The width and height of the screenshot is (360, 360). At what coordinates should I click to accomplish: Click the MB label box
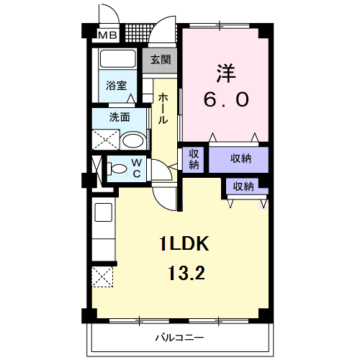[x=107, y=35]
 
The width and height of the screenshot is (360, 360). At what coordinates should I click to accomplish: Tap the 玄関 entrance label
[x=161, y=60]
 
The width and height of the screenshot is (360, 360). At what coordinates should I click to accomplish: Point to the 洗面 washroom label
[x=120, y=117]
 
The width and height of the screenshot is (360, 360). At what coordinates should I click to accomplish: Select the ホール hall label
[x=164, y=107]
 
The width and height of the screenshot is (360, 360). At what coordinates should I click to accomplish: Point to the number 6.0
[x=226, y=100]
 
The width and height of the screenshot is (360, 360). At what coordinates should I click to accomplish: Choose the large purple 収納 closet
[x=240, y=158]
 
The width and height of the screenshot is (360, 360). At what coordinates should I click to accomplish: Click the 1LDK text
[x=184, y=244]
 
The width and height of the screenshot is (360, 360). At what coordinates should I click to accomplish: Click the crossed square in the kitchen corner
[x=102, y=275]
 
